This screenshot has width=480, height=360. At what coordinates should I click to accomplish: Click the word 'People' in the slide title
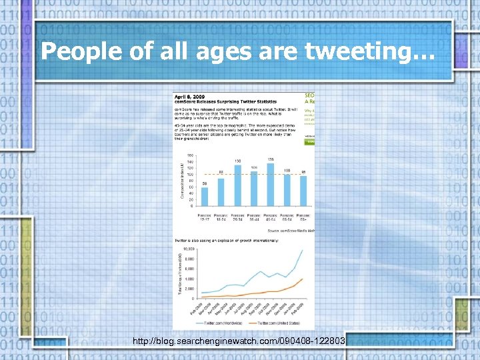[x=81, y=51]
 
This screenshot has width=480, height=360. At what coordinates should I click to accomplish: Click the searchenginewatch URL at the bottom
[x=239, y=341]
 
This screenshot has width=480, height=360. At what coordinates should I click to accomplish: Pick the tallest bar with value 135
[x=271, y=184]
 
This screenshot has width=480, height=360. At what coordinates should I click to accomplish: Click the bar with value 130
[x=237, y=185]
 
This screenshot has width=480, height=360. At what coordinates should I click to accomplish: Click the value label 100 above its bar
[x=287, y=171]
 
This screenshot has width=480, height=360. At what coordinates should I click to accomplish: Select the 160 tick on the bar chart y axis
[x=190, y=155]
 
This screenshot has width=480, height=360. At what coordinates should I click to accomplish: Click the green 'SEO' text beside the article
[x=310, y=97]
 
